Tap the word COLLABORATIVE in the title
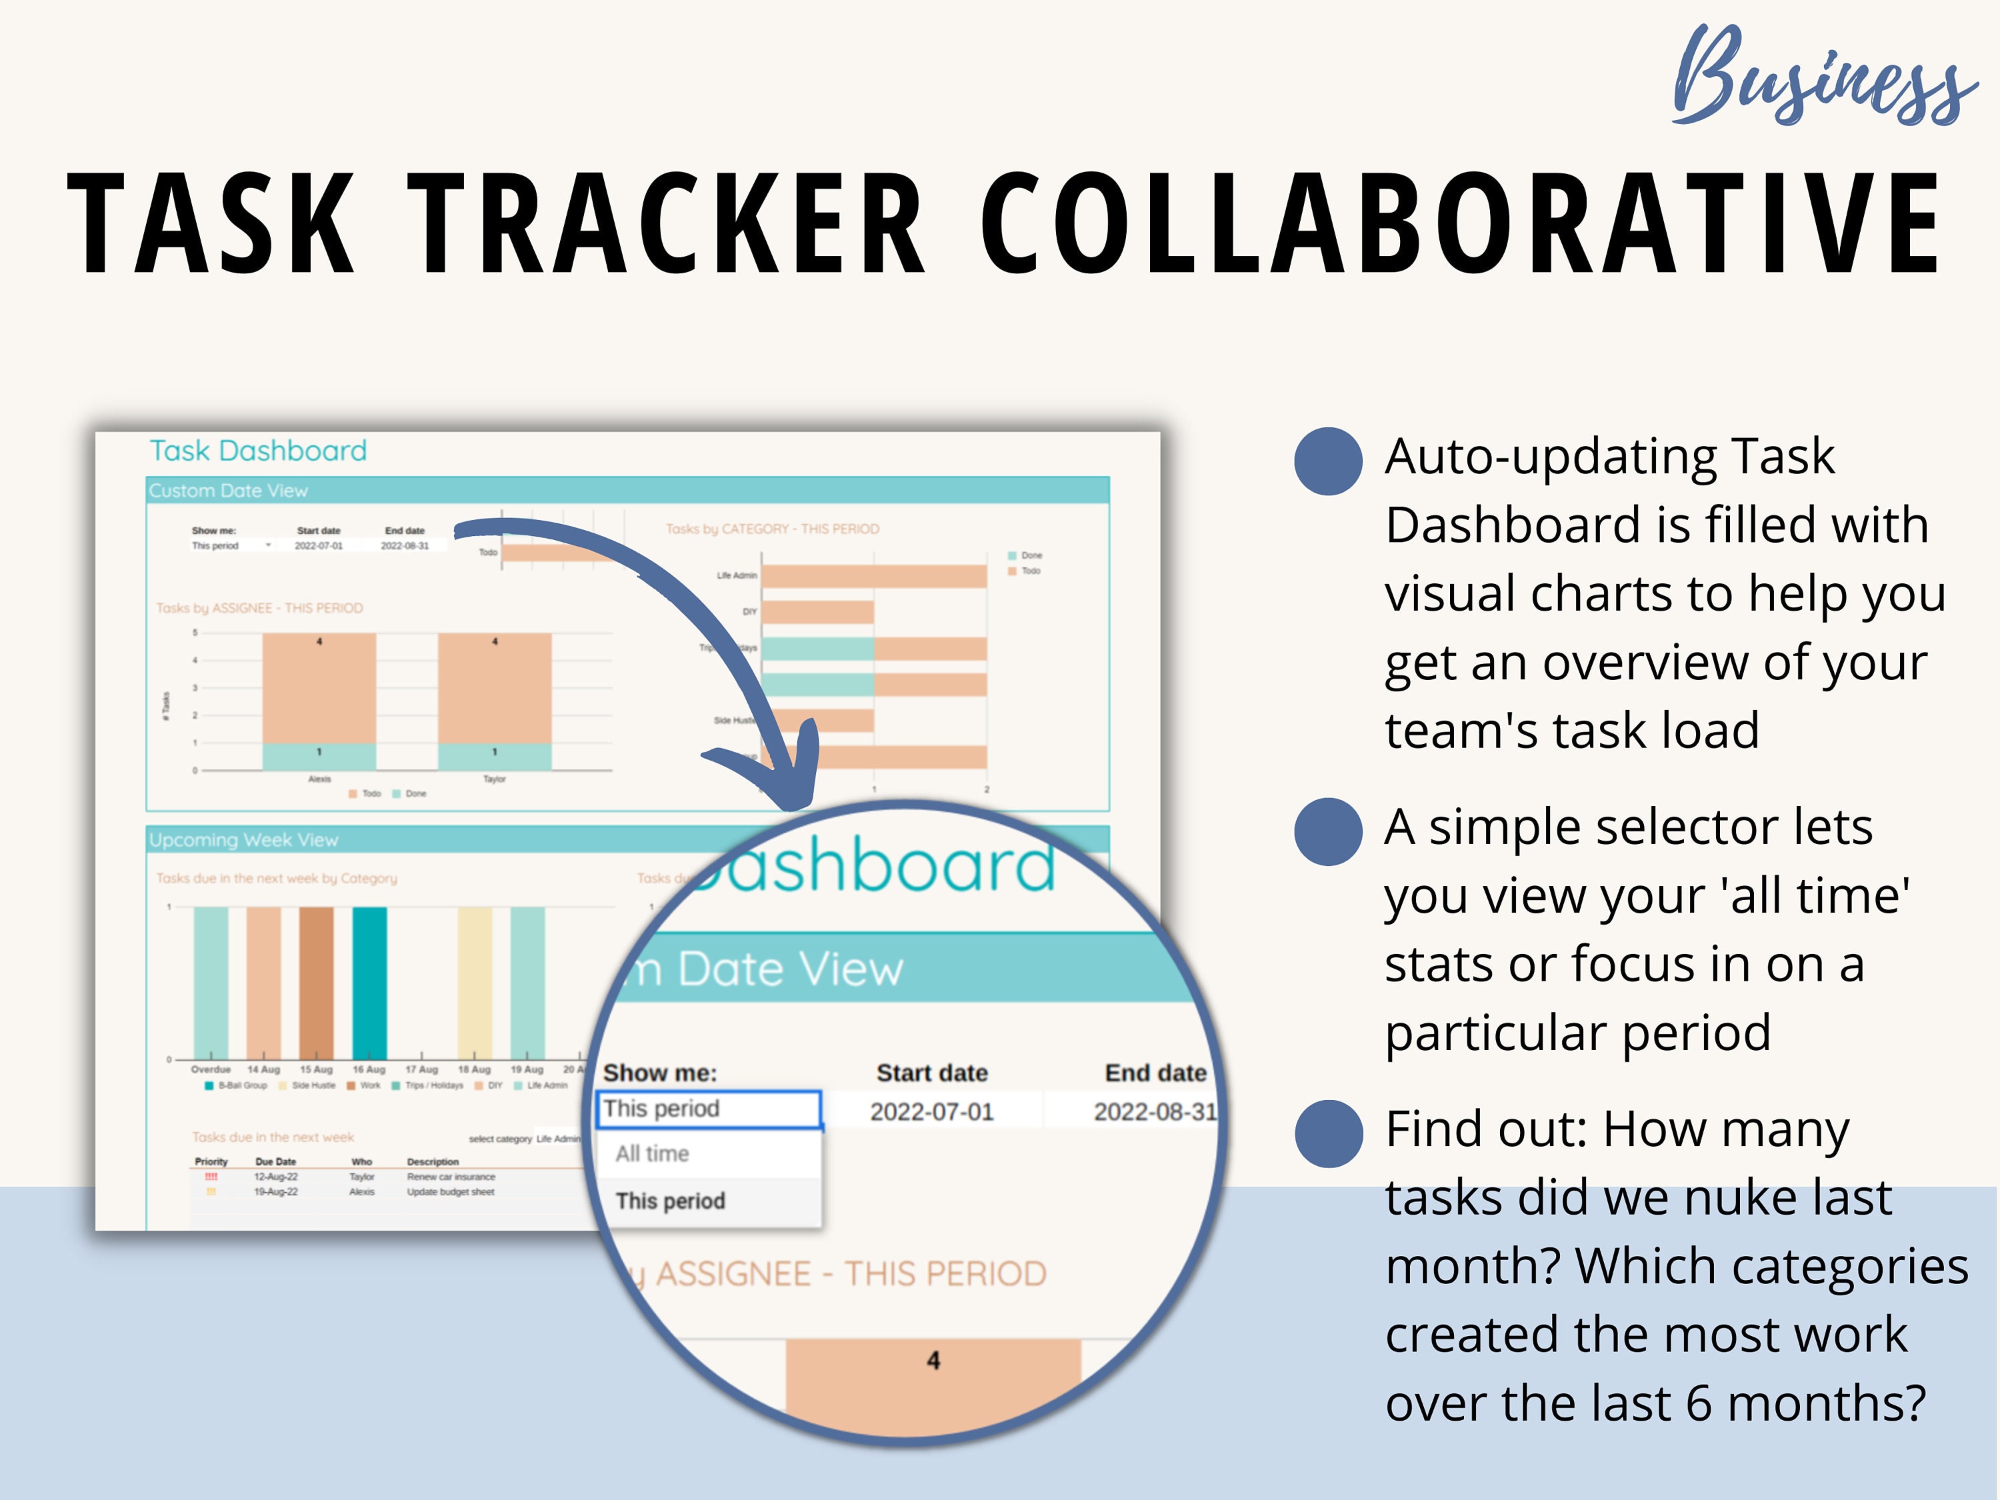pos(1460,223)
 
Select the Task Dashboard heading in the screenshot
pos(258,450)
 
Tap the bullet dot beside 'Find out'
pos(1328,1133)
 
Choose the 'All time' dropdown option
pos(653,1154)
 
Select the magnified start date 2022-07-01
pos(931,1111)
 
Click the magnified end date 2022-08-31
pos(1155,1111)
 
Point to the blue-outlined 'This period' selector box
pos(708,1109)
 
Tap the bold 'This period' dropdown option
pos(670,1201)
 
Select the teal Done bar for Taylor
pos(495,757)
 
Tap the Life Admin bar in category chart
pos(873,576)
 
